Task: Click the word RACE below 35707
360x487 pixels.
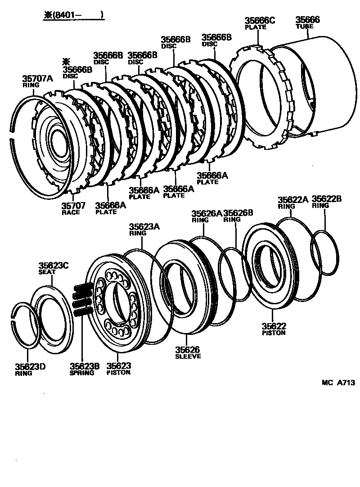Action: tap(71, 212)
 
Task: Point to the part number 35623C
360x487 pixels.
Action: tap(53, 266)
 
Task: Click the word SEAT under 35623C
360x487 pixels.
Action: tap(47, 272)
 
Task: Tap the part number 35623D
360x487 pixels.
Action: tap(30, 366)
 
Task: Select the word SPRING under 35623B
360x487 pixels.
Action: tap(82, 373)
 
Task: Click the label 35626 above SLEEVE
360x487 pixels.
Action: tap(187, 350)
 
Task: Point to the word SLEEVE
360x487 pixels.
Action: tap(188, 356)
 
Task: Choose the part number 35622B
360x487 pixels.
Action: tap(327, 199)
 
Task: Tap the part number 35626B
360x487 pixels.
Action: tap(238, 213)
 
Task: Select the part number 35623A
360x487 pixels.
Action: tap(144, 227)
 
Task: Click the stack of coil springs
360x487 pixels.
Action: tap(83, 298)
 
